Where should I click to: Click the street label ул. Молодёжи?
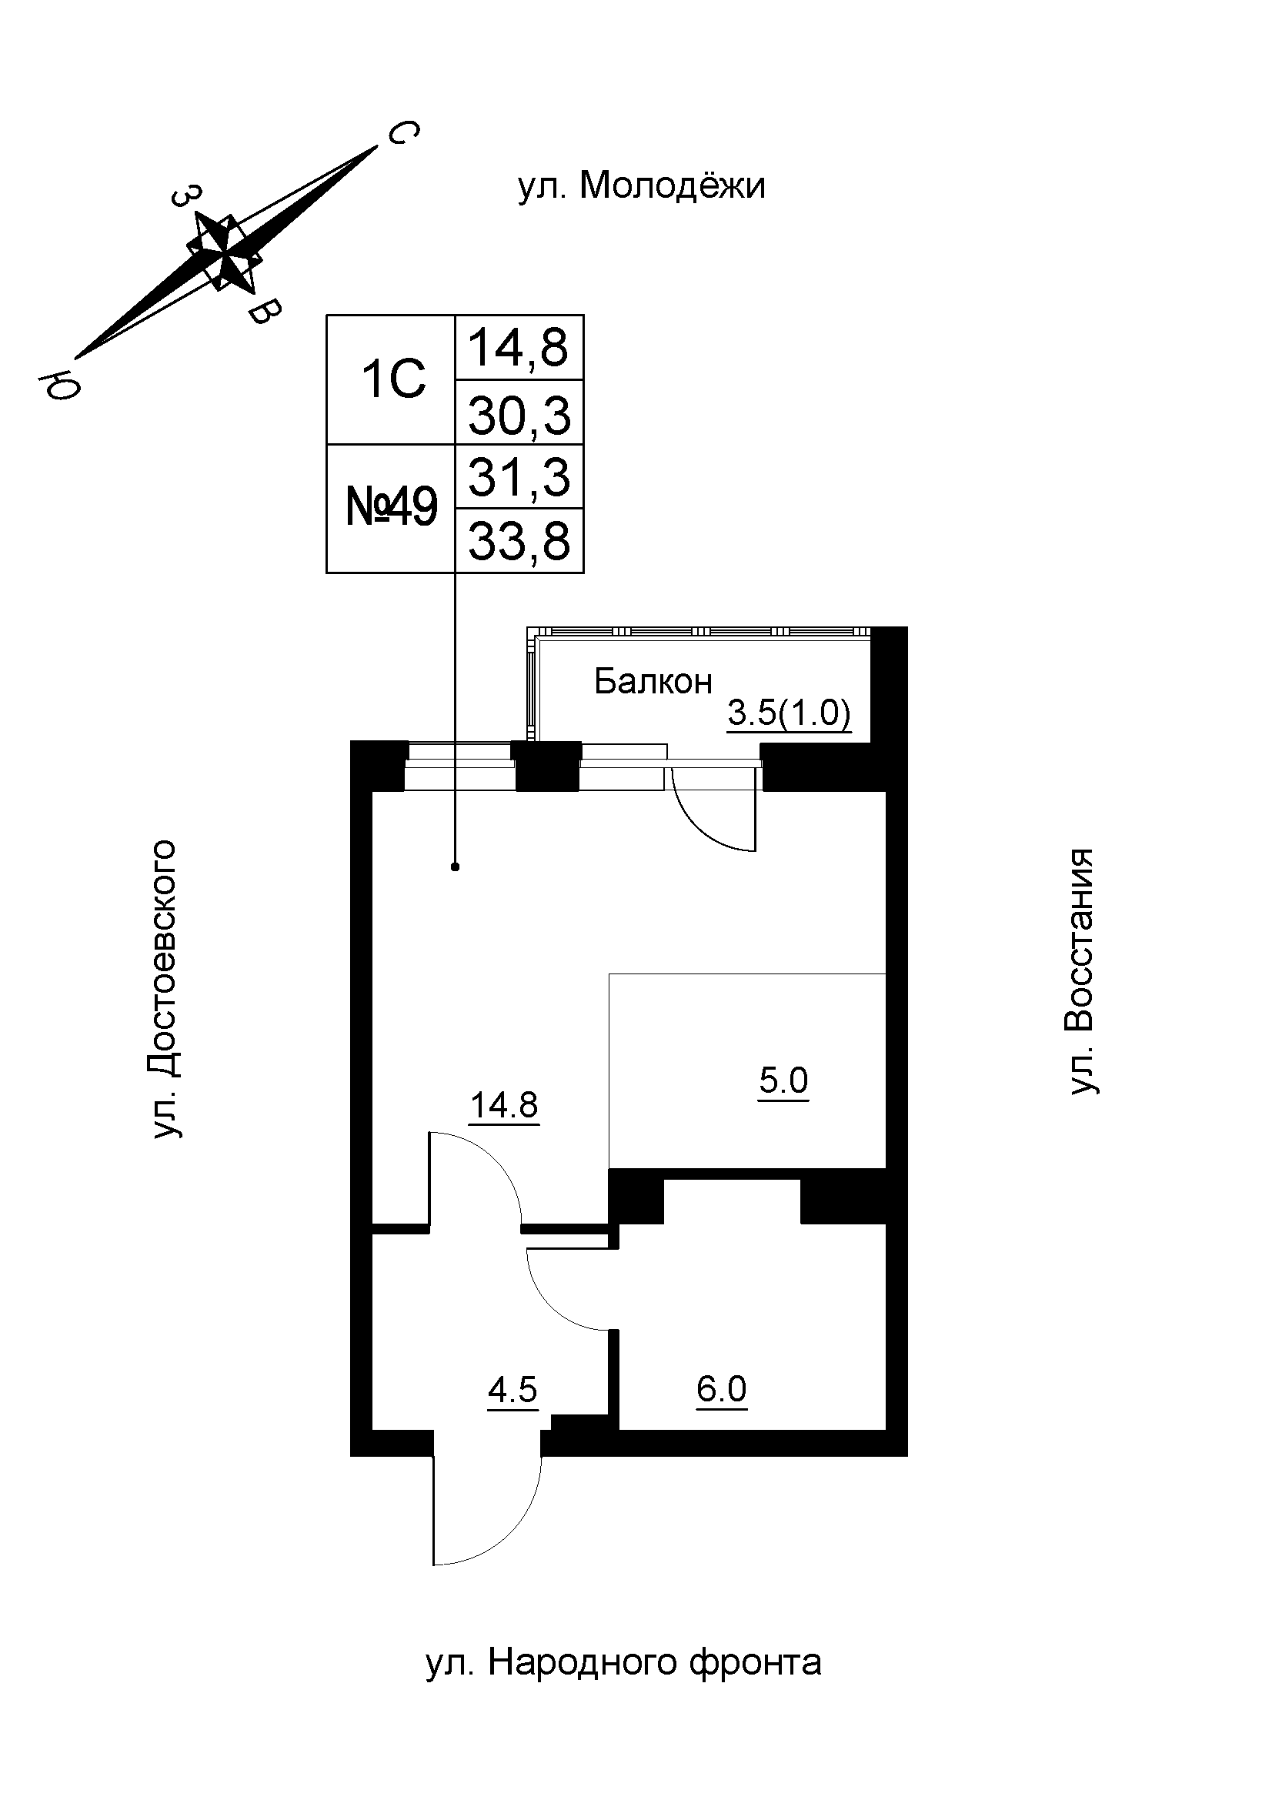[x=641, y=186]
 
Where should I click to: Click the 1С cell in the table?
[x=392, y=379]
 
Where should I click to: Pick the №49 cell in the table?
[x=391, y=508]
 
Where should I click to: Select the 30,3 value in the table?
[x=519, y=415]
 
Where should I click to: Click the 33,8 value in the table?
[x=519, y=542]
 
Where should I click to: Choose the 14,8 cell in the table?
[x=519, y=348]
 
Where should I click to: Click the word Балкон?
[x=653, y=681]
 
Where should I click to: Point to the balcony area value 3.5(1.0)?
[x=790, y=714]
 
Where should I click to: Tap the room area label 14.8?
[x=504, y=1105]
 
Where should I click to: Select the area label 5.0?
[x=783, y=1080]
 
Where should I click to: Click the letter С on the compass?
[x=403, y=133]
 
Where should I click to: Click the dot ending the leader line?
[x=456, y=867]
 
